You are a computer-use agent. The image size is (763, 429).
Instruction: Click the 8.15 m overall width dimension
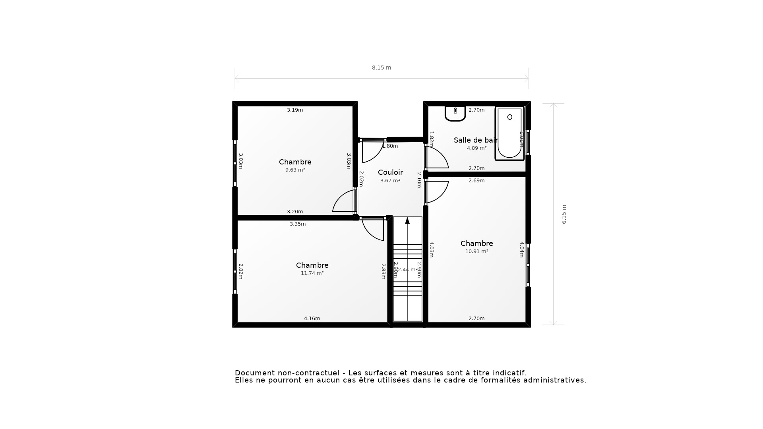pos(381,68)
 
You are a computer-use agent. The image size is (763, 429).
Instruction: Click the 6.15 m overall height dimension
pos(564,214)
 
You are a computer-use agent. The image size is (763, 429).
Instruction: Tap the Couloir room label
pos(390,172)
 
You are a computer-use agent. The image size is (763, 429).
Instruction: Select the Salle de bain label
pos(475,140)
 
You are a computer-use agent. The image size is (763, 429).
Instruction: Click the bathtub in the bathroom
pos(509,133)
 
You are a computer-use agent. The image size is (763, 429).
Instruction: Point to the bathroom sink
pos(455,113)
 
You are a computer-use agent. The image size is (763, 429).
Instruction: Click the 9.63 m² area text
pos(295,170)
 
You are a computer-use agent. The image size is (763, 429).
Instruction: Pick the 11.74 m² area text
pos(312,273)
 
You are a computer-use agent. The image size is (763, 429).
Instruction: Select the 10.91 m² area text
pos(476,251)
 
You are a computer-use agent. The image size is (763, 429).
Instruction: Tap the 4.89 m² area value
pos(476,148)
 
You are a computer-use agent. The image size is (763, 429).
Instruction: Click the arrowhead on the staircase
pos(407,220)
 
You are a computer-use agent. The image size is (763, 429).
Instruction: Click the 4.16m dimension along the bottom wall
pos(312,319)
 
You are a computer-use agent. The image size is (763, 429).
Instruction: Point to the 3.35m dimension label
pos(297,224)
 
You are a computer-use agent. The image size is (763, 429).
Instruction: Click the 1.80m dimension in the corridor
pos(390,146)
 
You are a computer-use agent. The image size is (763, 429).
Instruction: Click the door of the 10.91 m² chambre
pos(439,191)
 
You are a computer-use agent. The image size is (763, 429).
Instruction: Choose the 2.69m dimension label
pos(476,181)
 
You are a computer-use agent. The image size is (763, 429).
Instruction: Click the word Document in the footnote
pos(254,373)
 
